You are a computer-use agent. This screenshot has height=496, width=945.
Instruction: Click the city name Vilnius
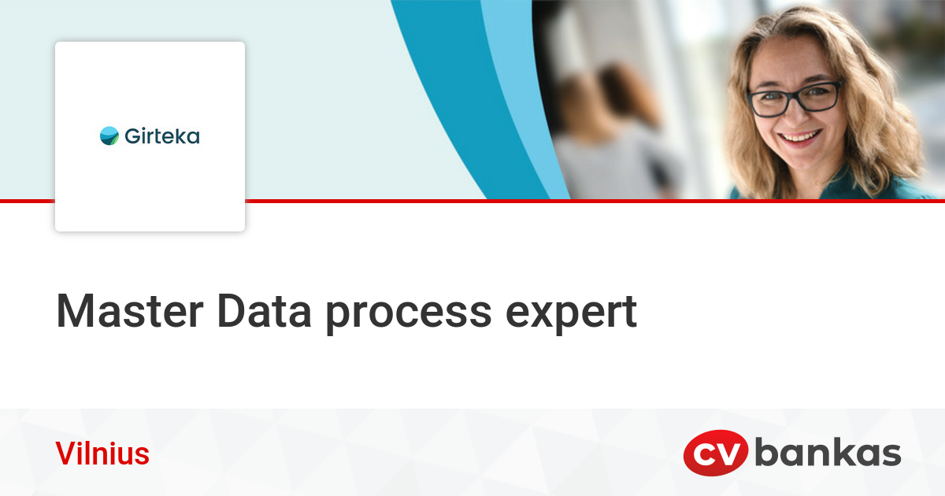coord(102,454)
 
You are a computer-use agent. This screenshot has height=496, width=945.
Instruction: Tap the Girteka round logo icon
coord(109,136)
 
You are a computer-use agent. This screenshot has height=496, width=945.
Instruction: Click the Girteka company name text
coord(161,136)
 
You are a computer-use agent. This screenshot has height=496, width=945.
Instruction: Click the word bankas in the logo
coord(828,454)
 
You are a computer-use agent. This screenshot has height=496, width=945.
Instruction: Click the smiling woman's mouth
coord(800,139)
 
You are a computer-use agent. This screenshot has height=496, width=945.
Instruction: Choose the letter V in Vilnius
coord(63,454)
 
